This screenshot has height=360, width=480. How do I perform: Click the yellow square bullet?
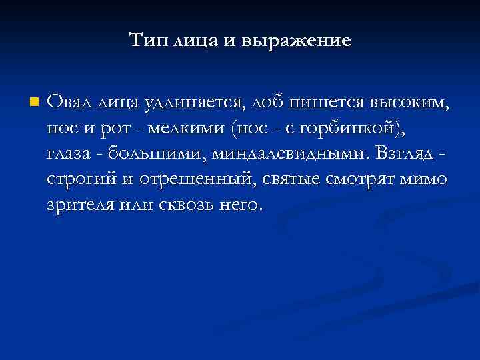click(x=34, y=103)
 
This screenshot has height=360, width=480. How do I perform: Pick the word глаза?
click(x=69, y=153)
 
